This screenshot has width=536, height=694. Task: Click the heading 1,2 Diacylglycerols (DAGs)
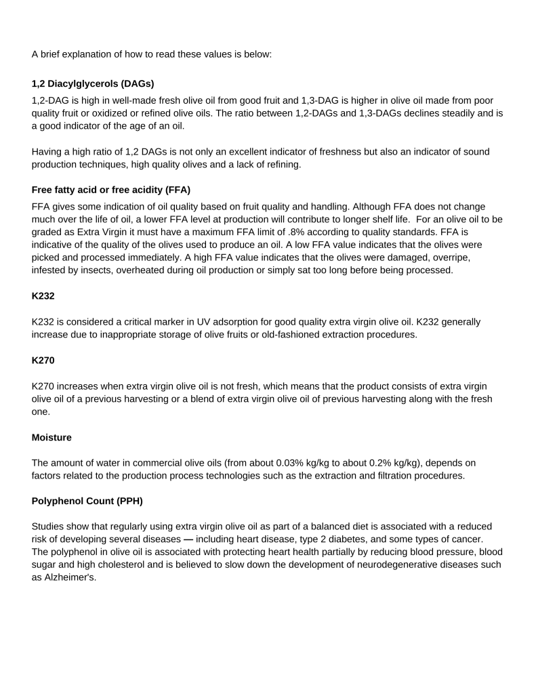93,84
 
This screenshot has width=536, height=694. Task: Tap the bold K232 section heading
43,295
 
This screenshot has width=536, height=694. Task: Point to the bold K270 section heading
43,361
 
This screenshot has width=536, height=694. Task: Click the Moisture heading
51,438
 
